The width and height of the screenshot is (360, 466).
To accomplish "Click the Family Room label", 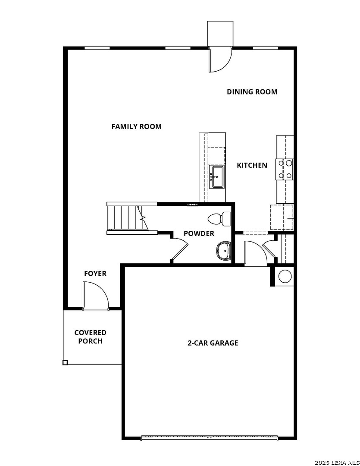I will [136, 126].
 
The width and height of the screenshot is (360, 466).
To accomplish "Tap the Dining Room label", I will [252, 91].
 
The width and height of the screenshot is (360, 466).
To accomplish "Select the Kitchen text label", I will [252, 165].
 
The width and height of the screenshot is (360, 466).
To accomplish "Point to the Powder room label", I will [199, 233].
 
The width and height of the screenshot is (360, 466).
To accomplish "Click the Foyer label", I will [95, 274].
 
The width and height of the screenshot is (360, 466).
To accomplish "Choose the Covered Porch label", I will [90, 337].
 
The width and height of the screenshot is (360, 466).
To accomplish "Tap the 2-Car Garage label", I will [213, 343].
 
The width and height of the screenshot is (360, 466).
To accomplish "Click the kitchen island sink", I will [216, 177].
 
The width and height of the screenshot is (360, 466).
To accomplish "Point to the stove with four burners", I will [285, 169].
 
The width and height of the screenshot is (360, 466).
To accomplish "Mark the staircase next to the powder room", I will [126, 218].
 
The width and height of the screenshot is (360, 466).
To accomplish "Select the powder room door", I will [180, 252].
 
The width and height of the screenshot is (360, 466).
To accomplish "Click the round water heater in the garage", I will [285, 276].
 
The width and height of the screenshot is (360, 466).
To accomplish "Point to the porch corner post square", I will [65, 362].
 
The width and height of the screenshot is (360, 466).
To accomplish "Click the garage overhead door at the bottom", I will [210, 438].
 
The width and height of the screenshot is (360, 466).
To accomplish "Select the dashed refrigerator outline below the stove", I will [282, 217].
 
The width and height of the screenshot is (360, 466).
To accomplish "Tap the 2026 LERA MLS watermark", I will [336, 462].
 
